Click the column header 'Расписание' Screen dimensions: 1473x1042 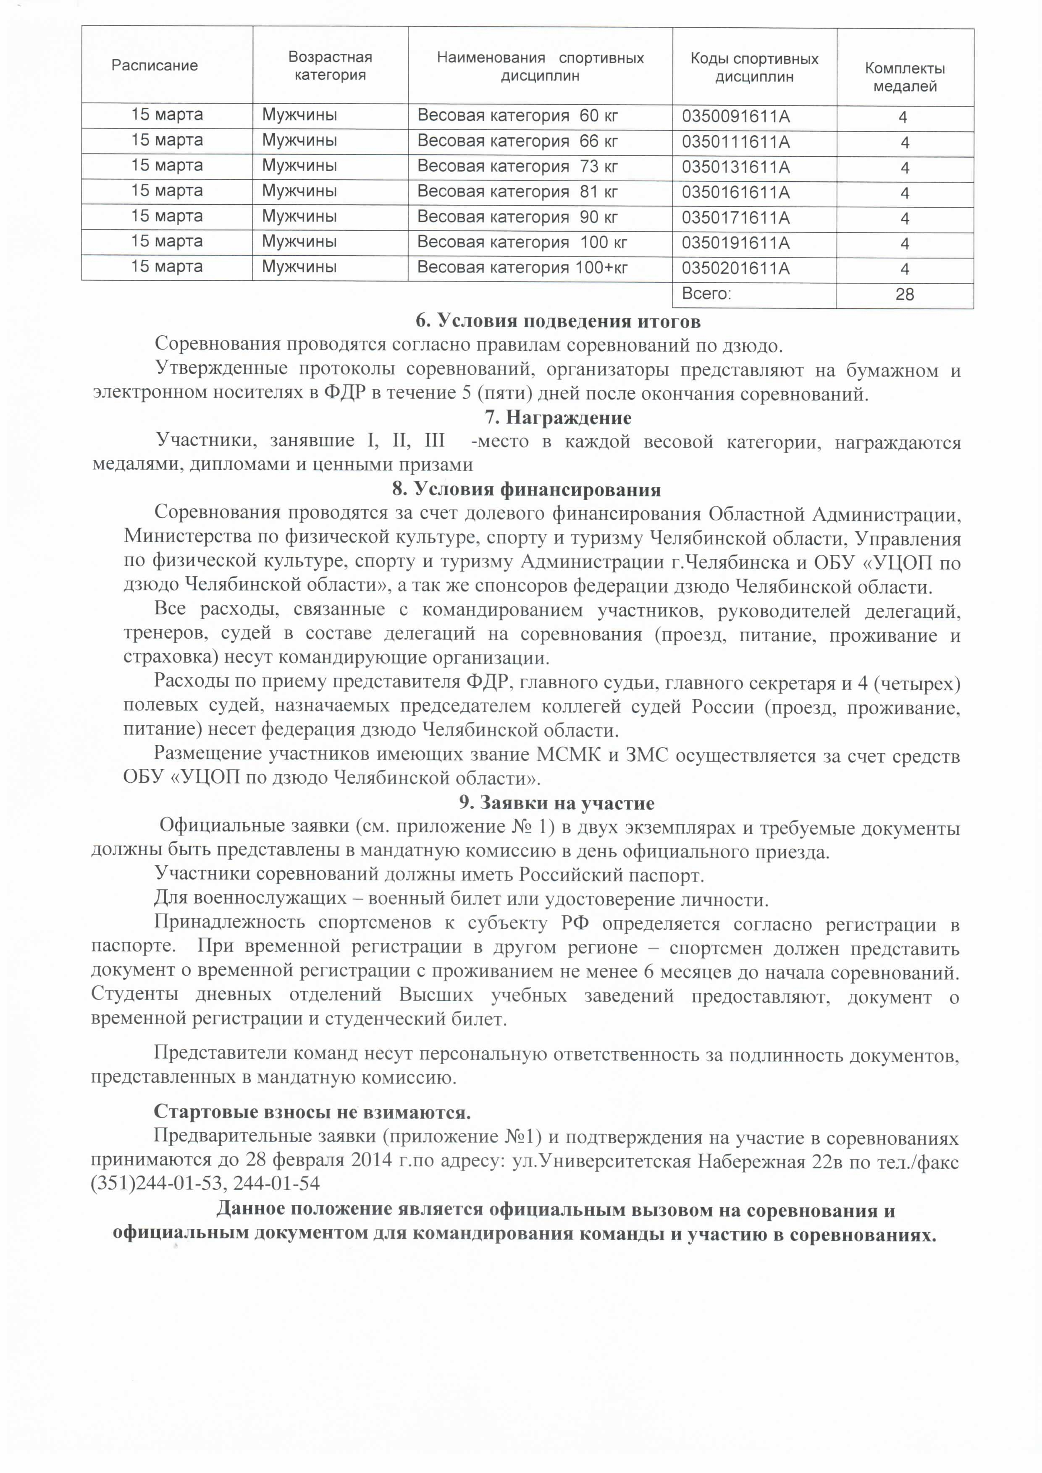(x=155, y=65)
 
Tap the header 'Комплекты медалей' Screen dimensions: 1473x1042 (x=905, y=77)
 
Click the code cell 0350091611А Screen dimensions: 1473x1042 (x=736, y=117)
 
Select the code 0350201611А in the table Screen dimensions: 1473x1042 (x=736, y=268)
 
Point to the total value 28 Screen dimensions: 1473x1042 (x=905, y=295)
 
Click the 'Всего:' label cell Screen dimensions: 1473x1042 (x=706, y=294)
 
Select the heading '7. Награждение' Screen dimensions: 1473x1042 (x=558, y=418)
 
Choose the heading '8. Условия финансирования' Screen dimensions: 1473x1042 (x=526, y=489)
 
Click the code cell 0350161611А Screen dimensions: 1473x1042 (x=736, y=193)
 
